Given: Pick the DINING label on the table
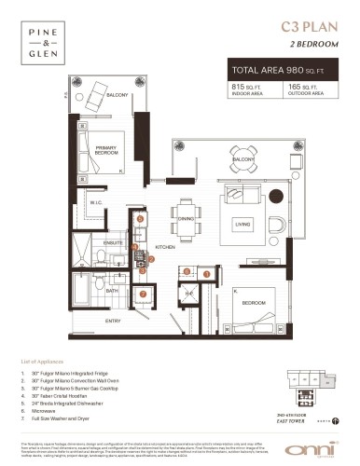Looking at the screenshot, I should point(186,219).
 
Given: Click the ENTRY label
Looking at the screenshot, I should point(113,322).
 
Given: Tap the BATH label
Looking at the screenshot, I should point(111,291).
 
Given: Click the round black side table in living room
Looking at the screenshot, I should point(274,197).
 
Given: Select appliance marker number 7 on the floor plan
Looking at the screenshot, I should point(143,293).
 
